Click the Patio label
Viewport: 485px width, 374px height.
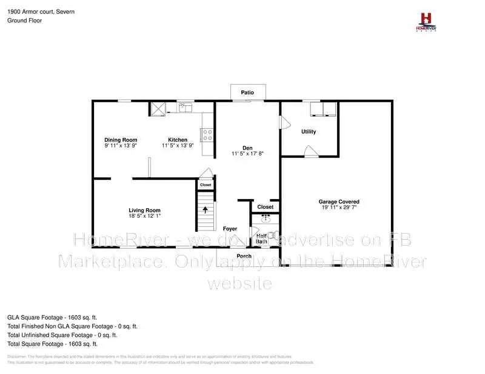[247, 93]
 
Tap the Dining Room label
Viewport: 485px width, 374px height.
[121, 140]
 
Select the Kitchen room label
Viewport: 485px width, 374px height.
[178, 140]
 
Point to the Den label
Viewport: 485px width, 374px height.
[247, 148]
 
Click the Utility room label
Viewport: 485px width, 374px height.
[309, 131]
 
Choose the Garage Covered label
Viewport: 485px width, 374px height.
[339, 202]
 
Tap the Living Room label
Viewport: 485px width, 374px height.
[144, 210]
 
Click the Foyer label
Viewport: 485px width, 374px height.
[230, 229]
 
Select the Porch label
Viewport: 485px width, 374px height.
[244, 256]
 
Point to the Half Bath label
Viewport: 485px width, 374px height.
[262, 239]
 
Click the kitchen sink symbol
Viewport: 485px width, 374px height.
[185, 107]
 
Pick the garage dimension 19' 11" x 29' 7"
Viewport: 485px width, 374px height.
[339, 208]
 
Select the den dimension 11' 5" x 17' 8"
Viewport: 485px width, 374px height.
[247, 154]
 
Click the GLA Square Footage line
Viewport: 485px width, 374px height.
[52, 317]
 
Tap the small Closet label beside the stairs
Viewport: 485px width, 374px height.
[206, 185]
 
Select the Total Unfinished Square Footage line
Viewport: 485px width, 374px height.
[62, 335]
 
